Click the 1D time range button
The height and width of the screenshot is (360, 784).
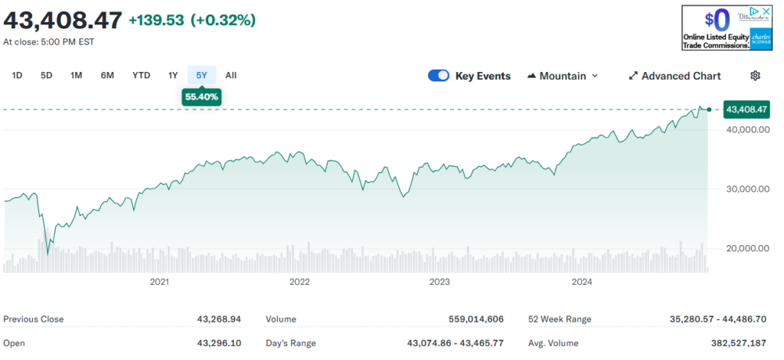(x=17, y=75)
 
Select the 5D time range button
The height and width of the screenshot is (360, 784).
(x=47, y=75)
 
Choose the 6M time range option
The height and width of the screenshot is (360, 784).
(x=107, y=75)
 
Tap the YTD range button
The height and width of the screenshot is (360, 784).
(x=141, y=75)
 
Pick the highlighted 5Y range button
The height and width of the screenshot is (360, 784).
(x=201, y=75)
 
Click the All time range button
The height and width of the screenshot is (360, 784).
(x=231, y=75)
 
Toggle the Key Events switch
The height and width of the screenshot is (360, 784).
(x=439, y=76)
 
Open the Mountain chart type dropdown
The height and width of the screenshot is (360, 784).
(x=563, y=76)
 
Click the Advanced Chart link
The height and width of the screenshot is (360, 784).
(x=675, y=76)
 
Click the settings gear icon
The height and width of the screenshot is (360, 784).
(x=755, y=75)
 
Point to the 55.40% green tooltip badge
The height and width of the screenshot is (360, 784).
(x=202, y=97)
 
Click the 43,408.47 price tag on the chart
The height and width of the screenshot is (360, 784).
(x=746, y=110)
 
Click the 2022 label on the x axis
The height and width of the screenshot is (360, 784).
(x=299, y=282)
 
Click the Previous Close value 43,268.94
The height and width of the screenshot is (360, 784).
(x=220, y=319)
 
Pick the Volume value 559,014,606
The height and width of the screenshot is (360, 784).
(x=476, y=319)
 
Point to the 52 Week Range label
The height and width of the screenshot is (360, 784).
(x=560, y=319)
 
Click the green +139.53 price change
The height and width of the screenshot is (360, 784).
(x=156, y=20)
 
